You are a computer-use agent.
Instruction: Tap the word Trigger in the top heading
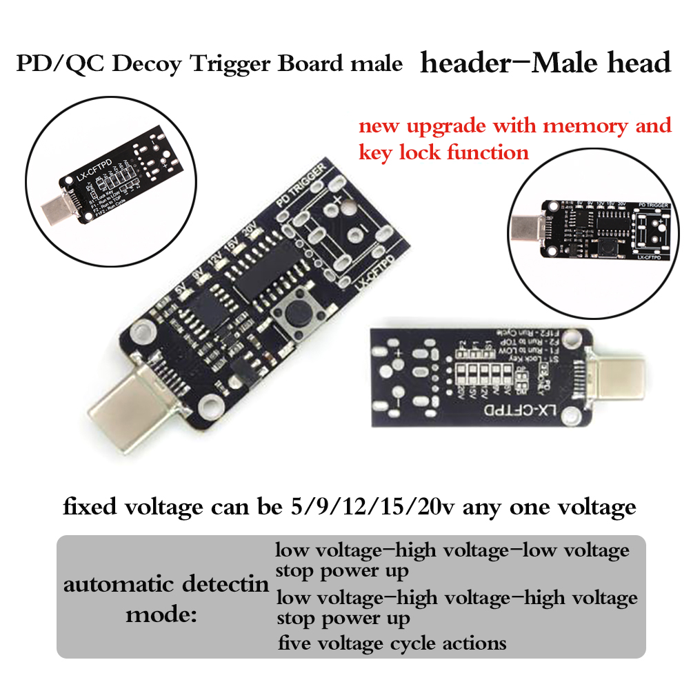[230, 64]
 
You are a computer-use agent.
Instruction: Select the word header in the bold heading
[462, 63]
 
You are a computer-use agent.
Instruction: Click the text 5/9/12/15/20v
[370, 508]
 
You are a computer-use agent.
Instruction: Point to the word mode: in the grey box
[161, 614]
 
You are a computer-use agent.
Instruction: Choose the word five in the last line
[295, 643]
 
